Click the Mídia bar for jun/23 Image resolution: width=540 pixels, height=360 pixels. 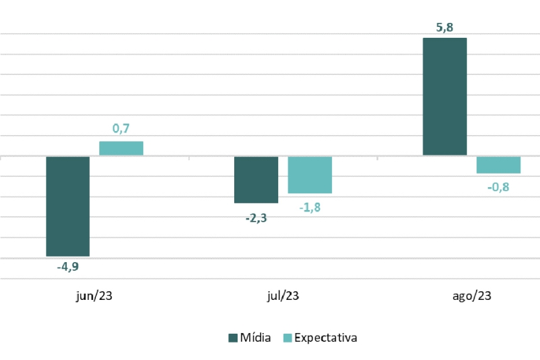pyautogui.click(x=67, y=206)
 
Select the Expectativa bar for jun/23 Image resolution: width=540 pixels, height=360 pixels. pyautogui.click(x=121, y=149)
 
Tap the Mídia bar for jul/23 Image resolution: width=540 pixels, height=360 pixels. pyautogui.click(x=256, y=180)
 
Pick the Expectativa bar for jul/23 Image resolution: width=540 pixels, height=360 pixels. pyautogui.click(x=310, y=175)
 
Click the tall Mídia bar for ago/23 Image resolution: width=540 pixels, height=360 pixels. pyautogui.click(x=444, y=97)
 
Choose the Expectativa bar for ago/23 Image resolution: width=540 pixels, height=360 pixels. pyautogui.click(x=498, y=165)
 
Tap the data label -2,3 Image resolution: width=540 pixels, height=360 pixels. pyautogui.click(x=256, y=217)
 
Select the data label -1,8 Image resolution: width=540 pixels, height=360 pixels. pyautogui.click(x=310, y=207)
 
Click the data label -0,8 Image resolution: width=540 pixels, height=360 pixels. pyautogui.click(x=498, y=187)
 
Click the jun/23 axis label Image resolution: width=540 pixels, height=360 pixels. pyautogui.click(x=94, y=296)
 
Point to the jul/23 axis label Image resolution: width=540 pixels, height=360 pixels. pyautogui.click(x=283, y=296)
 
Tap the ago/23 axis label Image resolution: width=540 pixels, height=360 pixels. pyautogui.click(x=471, y=296)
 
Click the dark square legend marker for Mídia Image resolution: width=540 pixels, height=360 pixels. pyautogui.click(x=234, y=338)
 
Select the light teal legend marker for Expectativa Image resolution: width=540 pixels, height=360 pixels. pyautogui.click(x=286, y=338)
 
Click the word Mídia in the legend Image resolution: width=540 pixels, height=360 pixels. pyautogui.click(x=256, y=338)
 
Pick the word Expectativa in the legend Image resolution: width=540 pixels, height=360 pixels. pyautogui.click(x=325, y=338)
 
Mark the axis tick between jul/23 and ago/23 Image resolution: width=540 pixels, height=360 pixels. pyautogui.click(x=377, y=158)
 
